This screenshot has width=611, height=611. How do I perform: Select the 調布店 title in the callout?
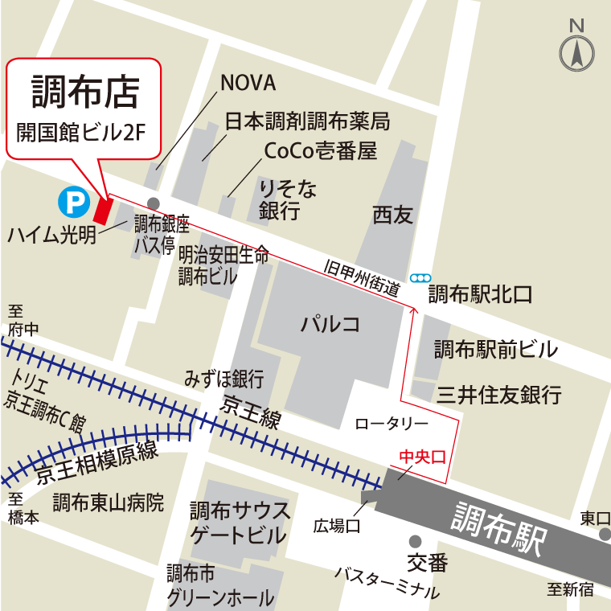85,92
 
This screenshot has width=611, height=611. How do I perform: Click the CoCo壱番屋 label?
320,151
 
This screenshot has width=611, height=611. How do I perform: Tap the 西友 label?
392,215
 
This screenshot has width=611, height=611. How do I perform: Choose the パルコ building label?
330,325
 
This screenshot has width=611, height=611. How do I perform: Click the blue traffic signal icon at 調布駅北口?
420,278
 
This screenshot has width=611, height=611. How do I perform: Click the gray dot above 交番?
415,541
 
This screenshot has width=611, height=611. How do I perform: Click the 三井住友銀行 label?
498,395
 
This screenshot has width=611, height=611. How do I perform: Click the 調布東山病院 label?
109,503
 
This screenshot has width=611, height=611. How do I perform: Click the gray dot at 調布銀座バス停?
153,203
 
